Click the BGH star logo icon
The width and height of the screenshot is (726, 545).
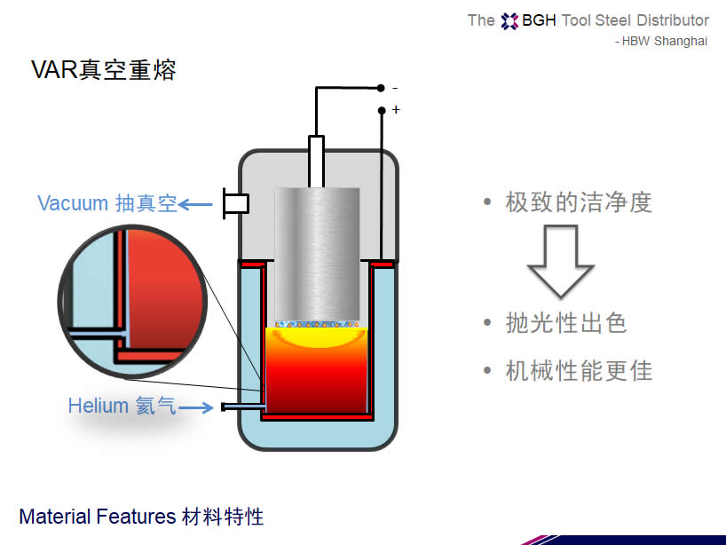(509, 20)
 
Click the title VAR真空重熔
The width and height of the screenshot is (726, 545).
(104, 70)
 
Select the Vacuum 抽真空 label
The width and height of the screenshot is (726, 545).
(107, 203)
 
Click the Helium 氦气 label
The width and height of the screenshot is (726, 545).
(122, 407)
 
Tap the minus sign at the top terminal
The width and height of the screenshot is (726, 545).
(395, 88)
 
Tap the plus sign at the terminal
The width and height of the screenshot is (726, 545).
(396, 110)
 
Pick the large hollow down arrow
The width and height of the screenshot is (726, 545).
(560, 260)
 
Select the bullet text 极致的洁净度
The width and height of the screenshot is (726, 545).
(579, 202)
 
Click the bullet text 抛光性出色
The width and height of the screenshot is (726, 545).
(566, 323)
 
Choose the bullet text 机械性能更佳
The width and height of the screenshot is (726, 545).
(579, 370)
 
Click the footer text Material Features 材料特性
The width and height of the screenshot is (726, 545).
(141, 517)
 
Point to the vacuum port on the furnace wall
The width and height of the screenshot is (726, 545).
(235, 204)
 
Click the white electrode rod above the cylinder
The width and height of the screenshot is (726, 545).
(317, 161)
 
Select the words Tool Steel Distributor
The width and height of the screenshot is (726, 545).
(635, 20)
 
